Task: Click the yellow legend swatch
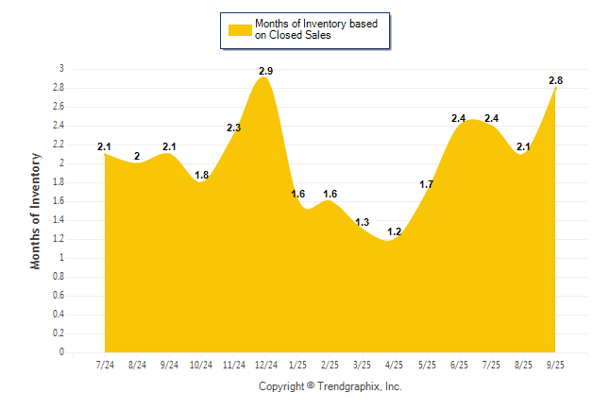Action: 238,29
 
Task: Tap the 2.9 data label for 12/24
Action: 266,71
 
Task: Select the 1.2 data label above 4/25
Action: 395,231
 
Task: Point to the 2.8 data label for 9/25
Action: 556,80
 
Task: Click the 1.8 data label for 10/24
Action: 202,175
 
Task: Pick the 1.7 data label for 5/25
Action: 427,184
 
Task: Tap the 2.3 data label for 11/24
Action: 234,128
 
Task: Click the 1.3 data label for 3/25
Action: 363,222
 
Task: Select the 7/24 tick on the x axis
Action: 105,364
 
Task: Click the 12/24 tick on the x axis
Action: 266,364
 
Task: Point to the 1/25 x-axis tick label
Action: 298,364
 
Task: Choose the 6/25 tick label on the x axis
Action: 460,364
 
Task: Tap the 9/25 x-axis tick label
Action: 556,364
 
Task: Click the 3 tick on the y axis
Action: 61,69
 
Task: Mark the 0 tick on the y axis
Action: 61,352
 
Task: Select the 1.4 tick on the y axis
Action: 58,220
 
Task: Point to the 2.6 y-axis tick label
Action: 58,107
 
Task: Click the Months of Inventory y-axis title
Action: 36,211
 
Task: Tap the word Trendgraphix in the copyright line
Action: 348,386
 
